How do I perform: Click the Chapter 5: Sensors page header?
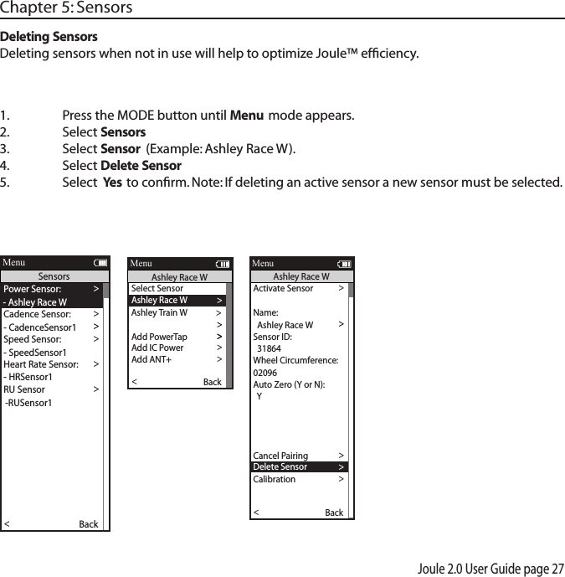point(66,8)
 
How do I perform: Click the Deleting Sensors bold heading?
point(49,38)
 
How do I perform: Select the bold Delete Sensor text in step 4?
point(141,165)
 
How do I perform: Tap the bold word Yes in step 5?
point(111,183)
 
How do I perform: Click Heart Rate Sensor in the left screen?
point(41,364)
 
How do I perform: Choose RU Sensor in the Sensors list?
point(24,389)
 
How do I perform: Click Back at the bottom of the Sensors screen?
point(88,524)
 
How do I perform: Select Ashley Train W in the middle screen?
point(159,312)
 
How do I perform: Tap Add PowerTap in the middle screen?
point(159,337)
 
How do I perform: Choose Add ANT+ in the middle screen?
point(151,360)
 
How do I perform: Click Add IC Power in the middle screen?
point(157,348)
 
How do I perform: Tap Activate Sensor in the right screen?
point(283,288)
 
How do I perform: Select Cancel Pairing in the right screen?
point(280,456)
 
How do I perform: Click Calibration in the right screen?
point(274,480)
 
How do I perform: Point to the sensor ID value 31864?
point(269,348)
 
